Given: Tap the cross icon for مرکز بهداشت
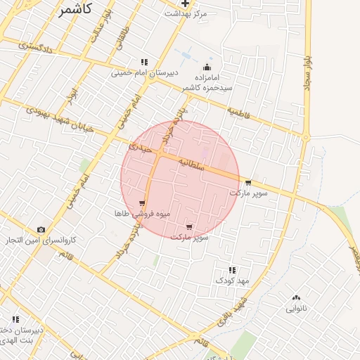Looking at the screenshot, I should [185, 3].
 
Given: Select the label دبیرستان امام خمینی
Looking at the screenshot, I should [145, 72].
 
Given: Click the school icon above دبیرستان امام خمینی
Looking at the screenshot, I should [144, 62].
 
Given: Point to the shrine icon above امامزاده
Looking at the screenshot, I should [207, 67].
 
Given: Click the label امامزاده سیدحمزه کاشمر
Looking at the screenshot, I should [204, 82].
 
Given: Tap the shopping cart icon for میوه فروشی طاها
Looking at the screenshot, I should [142, 203].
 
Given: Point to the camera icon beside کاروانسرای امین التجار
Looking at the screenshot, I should [41, 230].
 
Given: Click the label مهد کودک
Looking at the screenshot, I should [233, 281].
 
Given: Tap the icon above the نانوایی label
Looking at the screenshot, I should [295, 297].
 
